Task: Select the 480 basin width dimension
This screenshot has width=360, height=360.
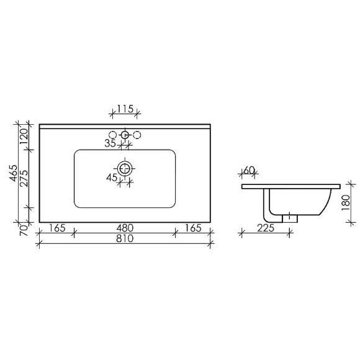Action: point(125,228)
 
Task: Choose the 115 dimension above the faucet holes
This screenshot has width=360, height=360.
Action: point(125,109)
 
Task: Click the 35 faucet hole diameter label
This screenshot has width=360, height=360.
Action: point(110,144)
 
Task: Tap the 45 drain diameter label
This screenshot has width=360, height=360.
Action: point(112,178)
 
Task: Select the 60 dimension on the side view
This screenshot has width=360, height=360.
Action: point(250,170)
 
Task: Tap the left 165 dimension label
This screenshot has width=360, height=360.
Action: point(56,228)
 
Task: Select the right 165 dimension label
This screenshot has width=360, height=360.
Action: point(193,228)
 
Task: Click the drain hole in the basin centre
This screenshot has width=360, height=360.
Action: point(125,168)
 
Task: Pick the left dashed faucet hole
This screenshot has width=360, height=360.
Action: point(114,134)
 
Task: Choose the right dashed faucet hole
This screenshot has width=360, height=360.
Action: point(137,134)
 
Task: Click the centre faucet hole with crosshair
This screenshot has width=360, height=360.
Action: point(125,134)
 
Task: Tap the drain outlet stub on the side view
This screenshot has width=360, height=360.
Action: point(290,218)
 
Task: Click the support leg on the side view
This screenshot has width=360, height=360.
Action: point(268,205)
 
